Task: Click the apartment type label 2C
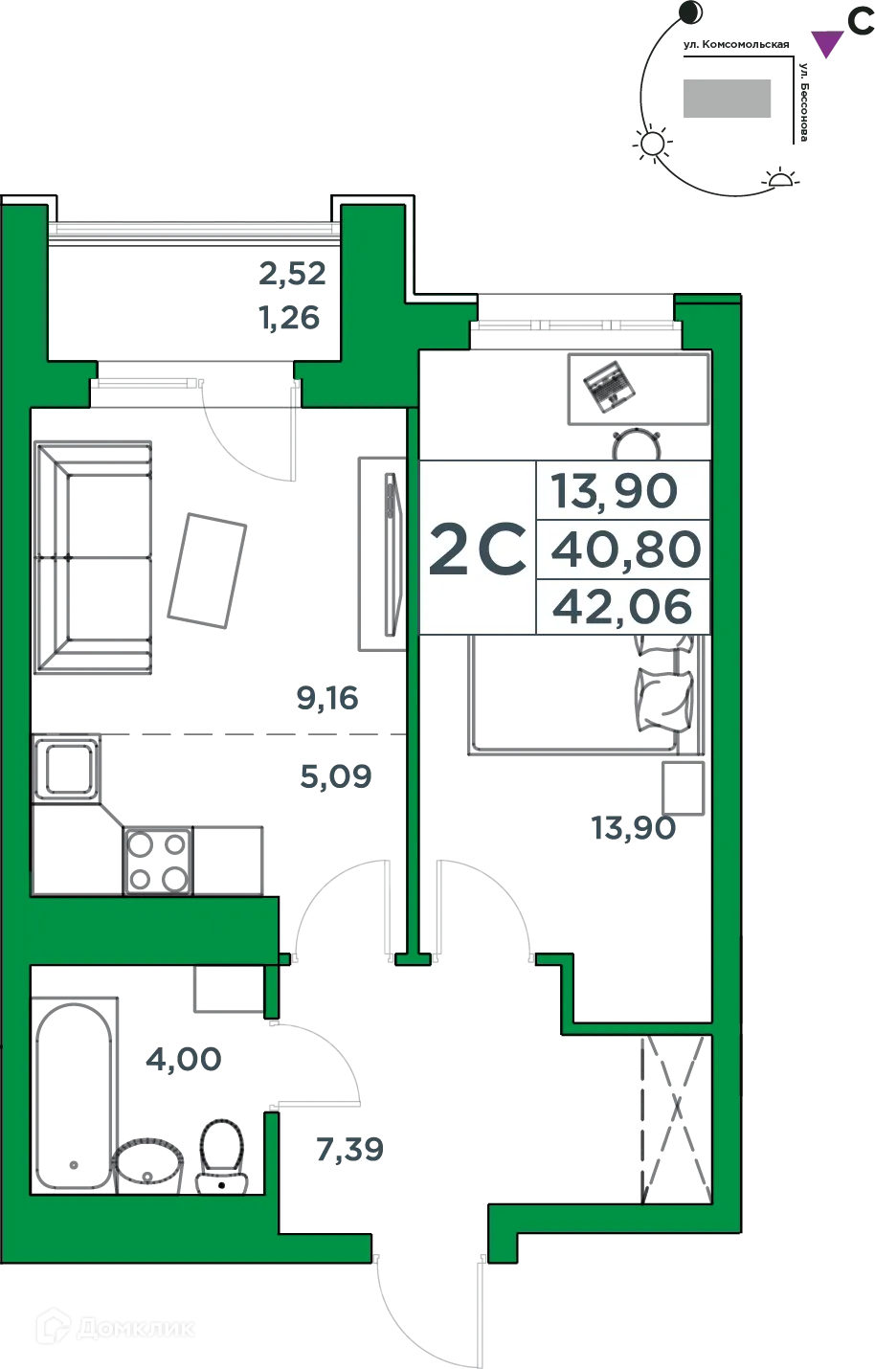click(x=477, y=549)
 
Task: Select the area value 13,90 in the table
click(x=614, y=491)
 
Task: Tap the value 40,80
click(x=626, y=550)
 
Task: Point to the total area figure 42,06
click(x=622, y=607)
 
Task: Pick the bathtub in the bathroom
click(x=75, y=1091)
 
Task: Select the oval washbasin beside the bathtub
click(x=148, y=1161)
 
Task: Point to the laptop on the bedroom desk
click(x=607, y=386)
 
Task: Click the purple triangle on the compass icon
click(x=825, y=42)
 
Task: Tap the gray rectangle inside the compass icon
click(x=727, y=99)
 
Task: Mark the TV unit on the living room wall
click(x=380, y=555)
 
